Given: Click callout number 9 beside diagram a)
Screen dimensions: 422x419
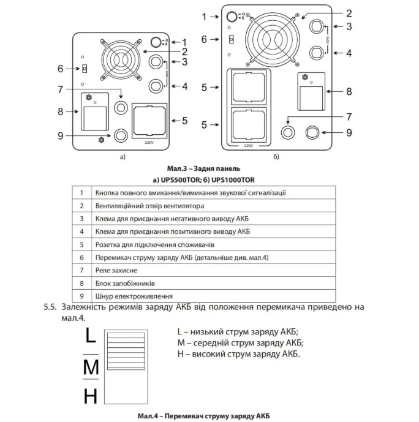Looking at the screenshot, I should (60, 135).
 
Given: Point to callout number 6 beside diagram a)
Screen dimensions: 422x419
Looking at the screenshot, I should (60, 68).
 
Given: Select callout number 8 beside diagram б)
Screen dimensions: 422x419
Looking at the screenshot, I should (349, 92).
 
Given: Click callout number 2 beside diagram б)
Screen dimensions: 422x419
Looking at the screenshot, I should (349, 12).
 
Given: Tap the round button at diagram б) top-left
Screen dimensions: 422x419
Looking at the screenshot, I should (232, 17).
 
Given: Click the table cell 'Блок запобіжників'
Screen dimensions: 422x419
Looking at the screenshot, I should (123, 282).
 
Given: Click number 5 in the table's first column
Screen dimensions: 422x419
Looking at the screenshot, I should (81, 244).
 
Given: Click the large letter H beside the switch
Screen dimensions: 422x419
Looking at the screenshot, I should (90, 397).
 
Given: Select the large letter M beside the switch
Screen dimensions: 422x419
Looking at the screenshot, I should (91, 368).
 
